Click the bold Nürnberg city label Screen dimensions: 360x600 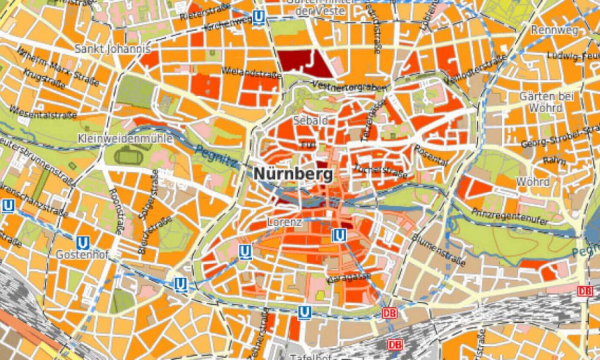[x=293, y=174]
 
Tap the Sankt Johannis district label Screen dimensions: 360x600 [x=112, y=49]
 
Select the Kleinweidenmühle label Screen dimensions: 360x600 [x=125, y=139]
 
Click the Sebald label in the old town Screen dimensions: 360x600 [x=311, y=121]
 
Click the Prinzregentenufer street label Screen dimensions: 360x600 [x=509, y=217]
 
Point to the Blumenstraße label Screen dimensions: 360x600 [x=439, y=249]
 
